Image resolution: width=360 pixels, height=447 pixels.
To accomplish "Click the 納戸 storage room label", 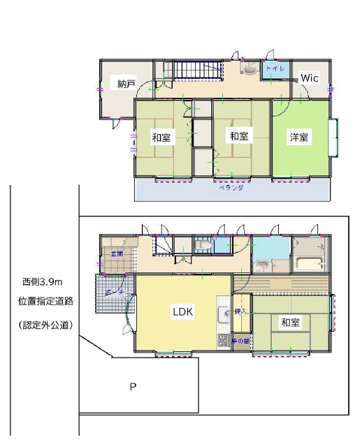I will [x=126, y=85].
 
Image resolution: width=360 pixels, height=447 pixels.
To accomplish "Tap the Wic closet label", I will [x=309, y=79].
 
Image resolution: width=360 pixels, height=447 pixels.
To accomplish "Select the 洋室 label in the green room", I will [x=301, y=137].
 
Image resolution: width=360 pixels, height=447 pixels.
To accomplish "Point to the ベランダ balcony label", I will [x=226, y=189].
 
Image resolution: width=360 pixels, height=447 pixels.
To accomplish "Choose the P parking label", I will [x=132, y=386].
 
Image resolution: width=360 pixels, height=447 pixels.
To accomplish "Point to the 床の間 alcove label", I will [x=240, y=340].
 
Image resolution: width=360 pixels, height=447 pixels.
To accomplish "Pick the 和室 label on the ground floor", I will [x=291, y=323].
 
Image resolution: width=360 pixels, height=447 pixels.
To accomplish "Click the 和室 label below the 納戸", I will [x=161, y=138].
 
